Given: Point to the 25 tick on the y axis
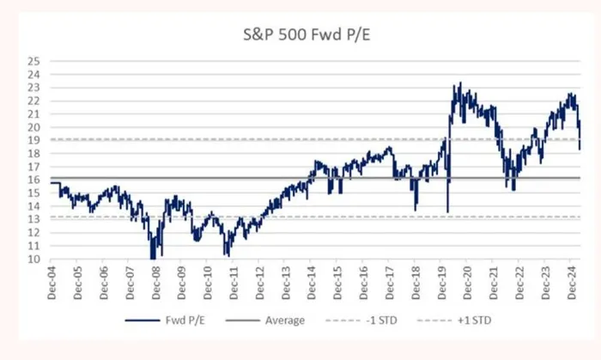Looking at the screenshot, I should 33,61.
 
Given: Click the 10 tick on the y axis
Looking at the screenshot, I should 33,259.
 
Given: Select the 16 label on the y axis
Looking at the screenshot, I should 33,180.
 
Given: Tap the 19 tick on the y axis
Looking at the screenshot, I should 33,141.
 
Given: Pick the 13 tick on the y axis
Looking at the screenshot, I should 33,220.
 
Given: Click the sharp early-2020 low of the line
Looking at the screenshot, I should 447,211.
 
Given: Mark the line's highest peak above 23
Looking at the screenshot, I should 460,83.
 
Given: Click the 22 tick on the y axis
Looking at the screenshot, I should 33,101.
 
